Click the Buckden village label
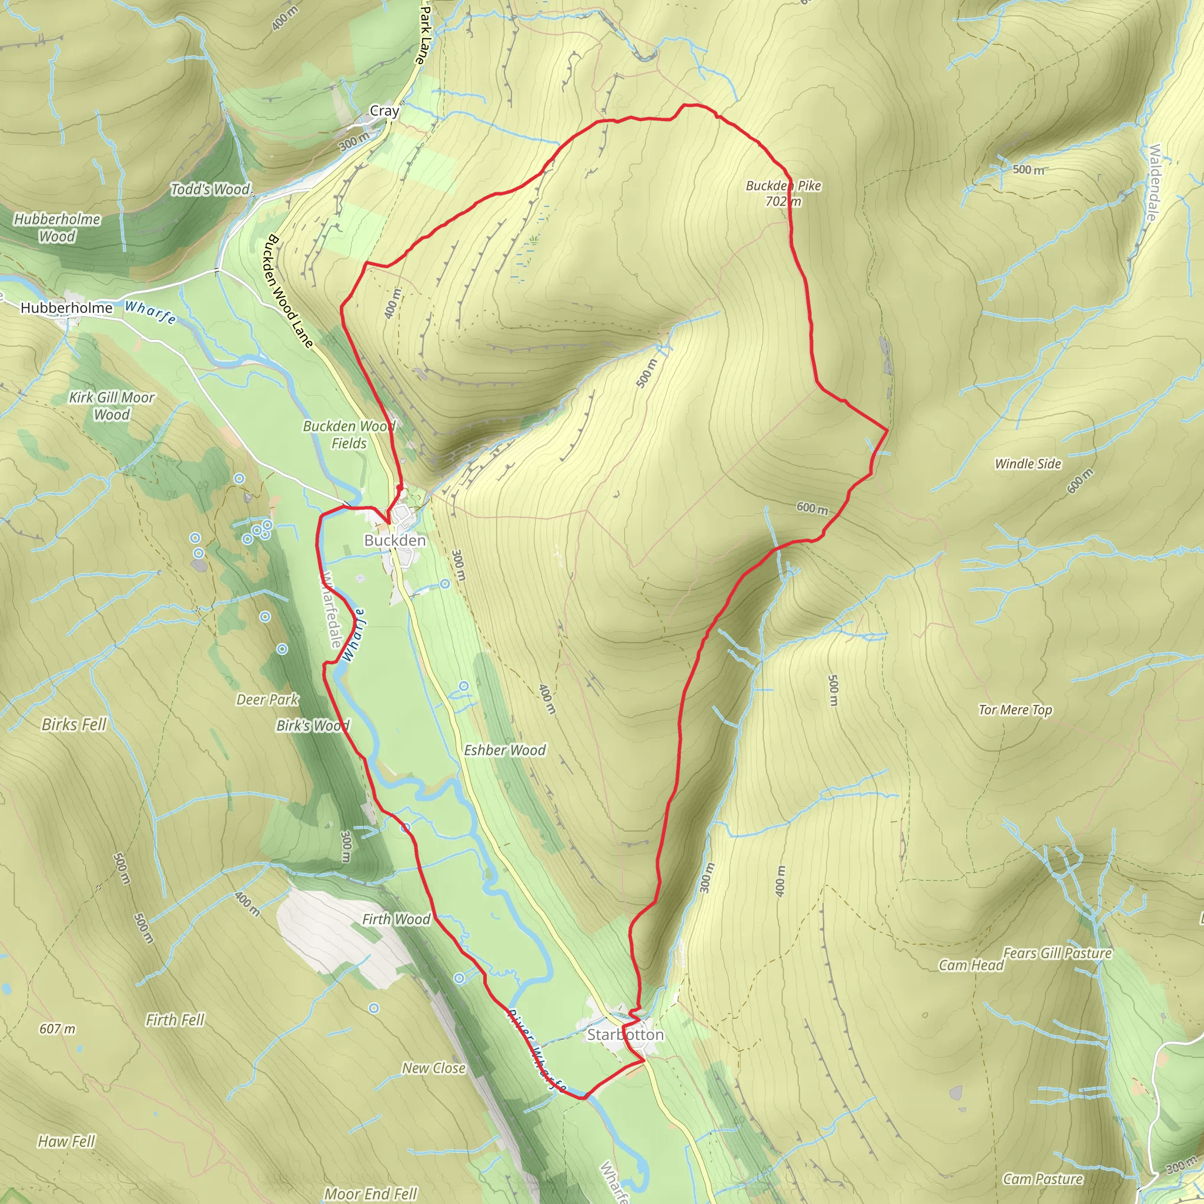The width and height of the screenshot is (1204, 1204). (x=395, y=540)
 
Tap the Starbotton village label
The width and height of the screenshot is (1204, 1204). (x=625, y=1035)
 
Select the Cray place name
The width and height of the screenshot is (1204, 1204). (x=384, y=111)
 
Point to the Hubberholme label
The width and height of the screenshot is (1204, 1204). (x=66, y=308)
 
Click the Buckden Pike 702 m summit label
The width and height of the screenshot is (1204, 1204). (x=783, y=193)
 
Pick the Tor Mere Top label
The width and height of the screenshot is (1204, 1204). (x=1015, y=710)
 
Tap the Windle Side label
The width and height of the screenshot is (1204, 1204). (x=1028, y=464)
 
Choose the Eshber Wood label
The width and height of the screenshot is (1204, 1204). (x=505, y=750)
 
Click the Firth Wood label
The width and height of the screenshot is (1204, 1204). (x=396, y=919)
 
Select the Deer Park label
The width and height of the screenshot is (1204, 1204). (x=267, y=700)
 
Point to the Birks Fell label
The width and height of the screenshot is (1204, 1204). (x=74, y=725)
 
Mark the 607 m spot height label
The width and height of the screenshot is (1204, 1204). (x=58, y=1029)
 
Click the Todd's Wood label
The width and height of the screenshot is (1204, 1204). (x=210, y=189)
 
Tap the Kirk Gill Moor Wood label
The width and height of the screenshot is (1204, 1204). (x=112, y=406)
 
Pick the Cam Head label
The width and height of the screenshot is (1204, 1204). (x=971, y=965)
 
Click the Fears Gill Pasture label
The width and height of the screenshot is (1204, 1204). (x=1058, y=953)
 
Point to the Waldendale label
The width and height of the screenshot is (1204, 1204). (x=1153, y=182)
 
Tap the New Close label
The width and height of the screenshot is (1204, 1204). (x=434, y=1068)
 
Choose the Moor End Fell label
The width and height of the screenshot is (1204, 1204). (x=370, y=1194)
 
